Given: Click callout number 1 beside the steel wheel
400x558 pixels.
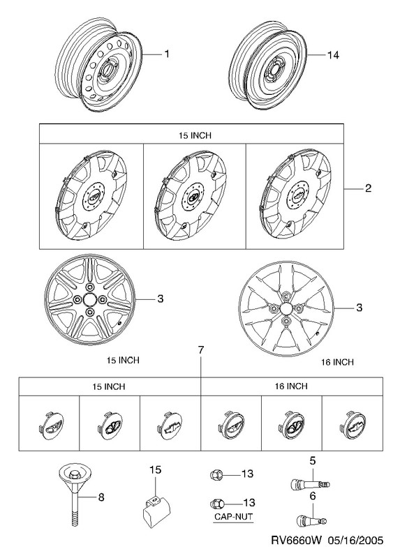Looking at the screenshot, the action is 166,54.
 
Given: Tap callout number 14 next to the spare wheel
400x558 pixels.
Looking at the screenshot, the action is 333,55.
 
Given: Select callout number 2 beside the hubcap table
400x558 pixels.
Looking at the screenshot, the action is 368,188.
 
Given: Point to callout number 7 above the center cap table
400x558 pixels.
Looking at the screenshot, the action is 201,350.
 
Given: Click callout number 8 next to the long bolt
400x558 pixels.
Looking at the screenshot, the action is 101,497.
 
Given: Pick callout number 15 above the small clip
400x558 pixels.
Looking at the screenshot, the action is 155,469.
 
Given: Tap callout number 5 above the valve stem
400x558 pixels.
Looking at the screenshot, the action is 312,461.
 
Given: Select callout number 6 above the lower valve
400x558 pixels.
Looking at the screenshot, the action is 312,496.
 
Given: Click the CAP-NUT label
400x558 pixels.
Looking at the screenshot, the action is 233,516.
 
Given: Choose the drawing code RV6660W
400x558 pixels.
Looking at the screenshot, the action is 297,541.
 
